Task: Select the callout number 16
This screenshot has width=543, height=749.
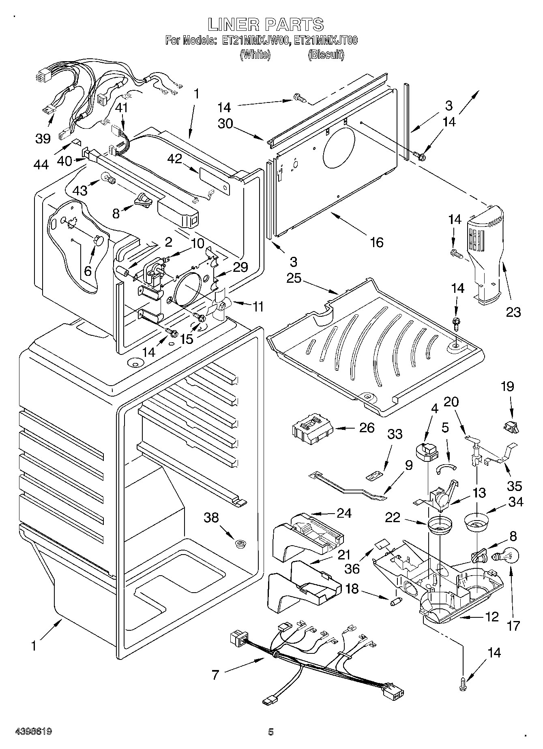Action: coord(377,242)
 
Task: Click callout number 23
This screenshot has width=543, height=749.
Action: coord(513,312)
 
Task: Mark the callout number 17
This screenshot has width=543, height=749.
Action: coord(513,625)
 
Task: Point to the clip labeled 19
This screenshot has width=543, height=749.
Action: coord(511,426)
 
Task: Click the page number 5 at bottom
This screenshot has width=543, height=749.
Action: coord(271,732)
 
